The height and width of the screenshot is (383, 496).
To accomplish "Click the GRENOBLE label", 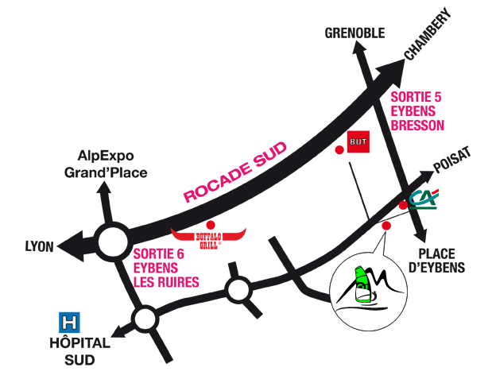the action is coord(355,33).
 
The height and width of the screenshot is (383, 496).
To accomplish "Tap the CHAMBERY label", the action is coord(428,35).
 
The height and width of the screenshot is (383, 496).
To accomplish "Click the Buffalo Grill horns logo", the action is coord(209,236).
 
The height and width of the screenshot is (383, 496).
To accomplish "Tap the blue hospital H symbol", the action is coord(71,323).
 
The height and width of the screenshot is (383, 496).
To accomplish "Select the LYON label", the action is coord(39,247).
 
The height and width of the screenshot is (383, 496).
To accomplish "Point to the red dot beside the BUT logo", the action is coord(339,149).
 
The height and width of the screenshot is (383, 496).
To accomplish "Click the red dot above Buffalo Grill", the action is coord(210,224).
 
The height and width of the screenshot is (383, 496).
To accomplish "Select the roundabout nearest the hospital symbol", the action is coord(145,320).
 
